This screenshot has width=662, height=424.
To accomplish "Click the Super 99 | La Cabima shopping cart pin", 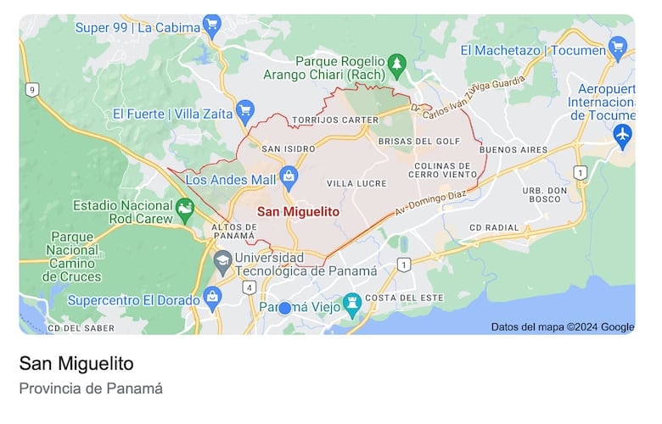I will pyautogui.click(x=212, y=25).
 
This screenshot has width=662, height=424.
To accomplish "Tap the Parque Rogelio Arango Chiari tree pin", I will pyautogui.click(x=396, y=63).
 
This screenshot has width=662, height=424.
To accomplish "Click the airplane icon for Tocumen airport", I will pyautogui.click(x=623, y=133).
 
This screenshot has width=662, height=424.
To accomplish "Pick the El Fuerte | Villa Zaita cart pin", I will pyautogui.click(x=245, y=110).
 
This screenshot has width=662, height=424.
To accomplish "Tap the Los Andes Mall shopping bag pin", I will pyautogui.click(x=289, y=177).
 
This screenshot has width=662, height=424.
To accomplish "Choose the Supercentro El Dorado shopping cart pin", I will pyautogui.click(x=212, y=298).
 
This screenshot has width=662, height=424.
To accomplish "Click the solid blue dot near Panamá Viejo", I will pyautogui.click(x=285, y=308).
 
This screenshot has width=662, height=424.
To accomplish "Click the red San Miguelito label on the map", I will pyautogui.click(x=298, y=211).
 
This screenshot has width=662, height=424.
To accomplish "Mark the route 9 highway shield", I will pyautogui.click(x=32, y=89).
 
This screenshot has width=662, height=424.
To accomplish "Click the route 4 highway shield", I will pyautogui.click(x=250, y=287).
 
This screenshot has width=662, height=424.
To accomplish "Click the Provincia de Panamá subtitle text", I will pyautogui.click(x=91, y=388).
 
